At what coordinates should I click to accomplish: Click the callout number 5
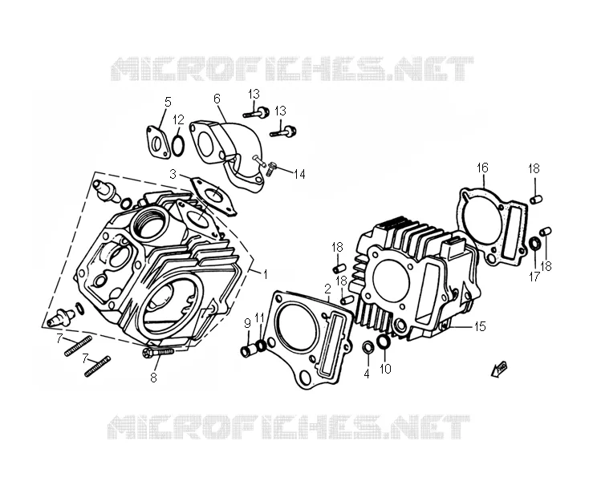click(168, 102)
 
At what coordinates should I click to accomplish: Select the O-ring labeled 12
click(178, 147)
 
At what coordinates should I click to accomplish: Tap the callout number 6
click(217, 99)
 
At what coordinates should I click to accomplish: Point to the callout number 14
click(299, 174)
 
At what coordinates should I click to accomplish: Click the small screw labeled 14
click(271, 169)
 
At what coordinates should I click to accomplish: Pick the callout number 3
click(173, 174)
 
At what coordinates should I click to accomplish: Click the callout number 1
click(265, 275)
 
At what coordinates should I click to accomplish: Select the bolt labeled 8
click(158, 352)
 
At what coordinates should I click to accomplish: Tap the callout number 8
click(153, 378)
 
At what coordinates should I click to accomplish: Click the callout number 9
click(247, 322)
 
